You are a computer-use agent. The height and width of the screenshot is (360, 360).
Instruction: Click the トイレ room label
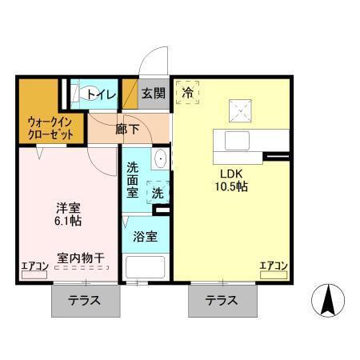(x=102, y=94)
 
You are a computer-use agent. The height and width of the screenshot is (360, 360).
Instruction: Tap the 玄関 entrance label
(x=154, y=94)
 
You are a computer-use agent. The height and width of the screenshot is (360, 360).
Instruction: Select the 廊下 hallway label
(x=127, y=127)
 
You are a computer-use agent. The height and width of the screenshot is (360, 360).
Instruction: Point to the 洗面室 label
(x=133, y=181)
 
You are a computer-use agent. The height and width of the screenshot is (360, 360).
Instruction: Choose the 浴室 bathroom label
(x=144, y=237)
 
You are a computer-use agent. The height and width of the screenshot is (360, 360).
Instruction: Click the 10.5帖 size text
(x=229, y=186)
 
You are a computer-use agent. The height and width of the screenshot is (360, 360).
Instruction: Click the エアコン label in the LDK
(x=274, y=266)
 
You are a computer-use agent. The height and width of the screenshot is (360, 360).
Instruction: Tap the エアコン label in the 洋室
(x=34, y=266)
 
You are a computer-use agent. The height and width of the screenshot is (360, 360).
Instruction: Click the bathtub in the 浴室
(x=144, y=267)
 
